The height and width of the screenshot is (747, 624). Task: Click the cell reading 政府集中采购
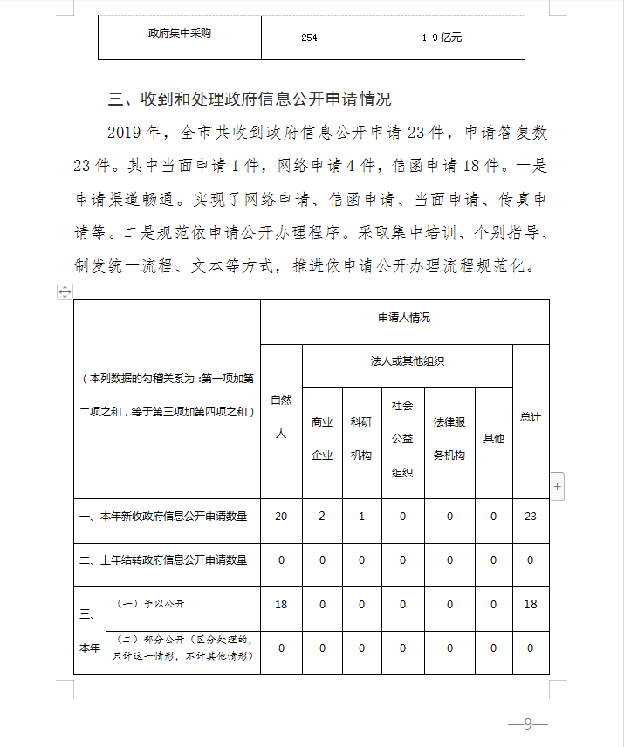180,34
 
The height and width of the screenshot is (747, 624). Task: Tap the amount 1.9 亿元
442,38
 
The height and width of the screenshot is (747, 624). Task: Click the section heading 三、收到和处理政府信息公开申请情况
249,99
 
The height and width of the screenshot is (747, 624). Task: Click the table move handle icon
65,291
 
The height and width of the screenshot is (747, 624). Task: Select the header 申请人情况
404,318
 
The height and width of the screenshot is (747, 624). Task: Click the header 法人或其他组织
407,360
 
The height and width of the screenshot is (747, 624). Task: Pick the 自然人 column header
281,417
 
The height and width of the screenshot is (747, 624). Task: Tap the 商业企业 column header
322,439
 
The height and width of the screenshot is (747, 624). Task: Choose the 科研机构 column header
361,439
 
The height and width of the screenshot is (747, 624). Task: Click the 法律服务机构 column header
449,439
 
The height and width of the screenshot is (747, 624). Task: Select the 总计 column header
530,417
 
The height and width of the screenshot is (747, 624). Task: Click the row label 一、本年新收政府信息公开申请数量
163,516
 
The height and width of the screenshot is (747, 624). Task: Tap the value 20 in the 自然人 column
281,516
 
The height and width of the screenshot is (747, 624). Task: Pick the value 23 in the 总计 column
530,516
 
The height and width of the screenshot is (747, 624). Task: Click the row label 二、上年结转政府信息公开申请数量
163,559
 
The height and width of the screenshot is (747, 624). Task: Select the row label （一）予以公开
146,604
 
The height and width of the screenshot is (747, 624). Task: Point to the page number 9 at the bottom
527,723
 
